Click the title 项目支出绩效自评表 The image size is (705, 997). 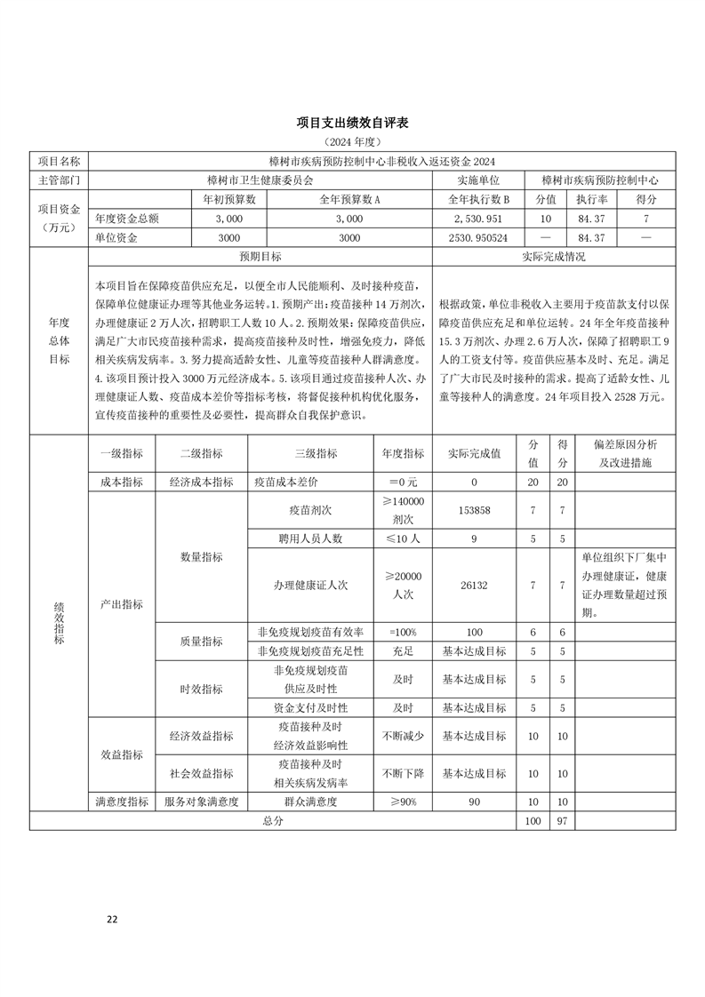pyautogui.click(x=352, y=122)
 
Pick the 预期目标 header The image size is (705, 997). pyautogui.click(x=260, y=257)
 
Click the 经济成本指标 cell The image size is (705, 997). pyautogui.click(x=201, y=482)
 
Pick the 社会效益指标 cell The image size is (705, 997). pyautogui.click(x=201, y=773)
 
